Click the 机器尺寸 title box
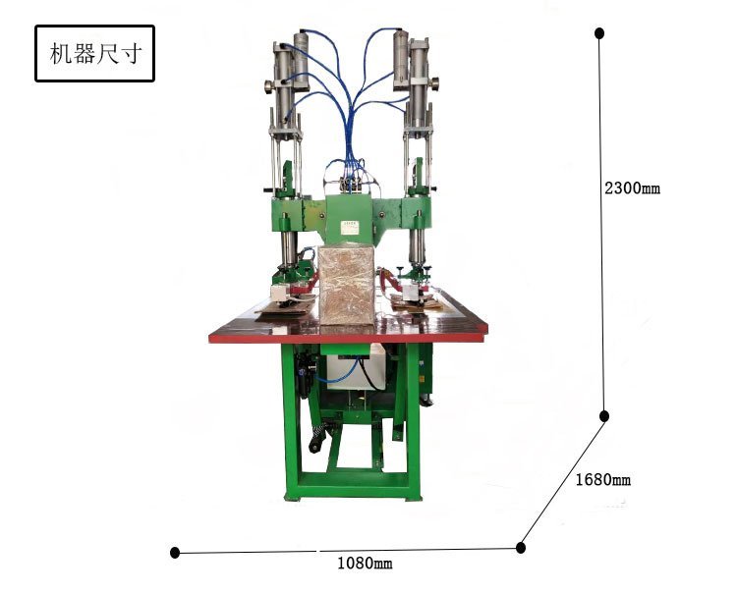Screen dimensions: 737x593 click(94, 54)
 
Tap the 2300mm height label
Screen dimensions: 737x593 click(632, 189)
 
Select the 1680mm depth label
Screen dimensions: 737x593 click(603, 479)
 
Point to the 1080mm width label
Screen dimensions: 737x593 click(365, 563)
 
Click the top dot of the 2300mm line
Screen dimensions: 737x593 click(599, 32)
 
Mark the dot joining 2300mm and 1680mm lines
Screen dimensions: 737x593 click(604, 416)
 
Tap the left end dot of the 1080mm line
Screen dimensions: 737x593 click(175, 553)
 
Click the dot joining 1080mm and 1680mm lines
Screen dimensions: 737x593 click(520, 548)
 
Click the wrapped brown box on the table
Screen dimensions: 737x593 click(347, 285)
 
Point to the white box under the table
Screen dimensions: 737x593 click(356, 366)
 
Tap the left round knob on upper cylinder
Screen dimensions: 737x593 click(269, 86)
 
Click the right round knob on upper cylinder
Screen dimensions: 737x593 click(434, 84)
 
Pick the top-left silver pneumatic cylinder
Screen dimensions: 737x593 click(302, 61)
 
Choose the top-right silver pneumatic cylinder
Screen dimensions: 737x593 click(401, 59)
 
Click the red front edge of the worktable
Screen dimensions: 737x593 click(347, 338)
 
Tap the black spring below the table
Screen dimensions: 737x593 click(317, 430)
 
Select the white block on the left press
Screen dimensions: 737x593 click(280, 293)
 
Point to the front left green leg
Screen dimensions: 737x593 click(291, 421)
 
